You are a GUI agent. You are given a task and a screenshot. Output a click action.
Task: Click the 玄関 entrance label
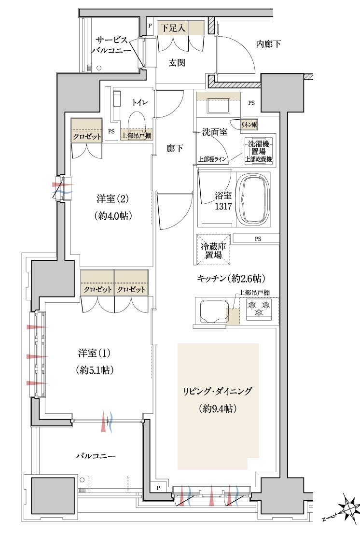pyautogui.click(x=177, y=62)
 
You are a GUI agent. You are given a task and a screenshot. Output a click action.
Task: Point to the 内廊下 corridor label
pyautogui.click(x=268, y=44)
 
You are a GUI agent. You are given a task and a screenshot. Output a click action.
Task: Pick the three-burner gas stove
pyautogui.click(x=259, y=309)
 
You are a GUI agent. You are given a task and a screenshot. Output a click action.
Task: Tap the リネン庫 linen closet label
pyautogui.click(x=249, y=125)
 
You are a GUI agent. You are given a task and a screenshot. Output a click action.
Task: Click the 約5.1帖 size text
pyautogui.click(x=95, y=370)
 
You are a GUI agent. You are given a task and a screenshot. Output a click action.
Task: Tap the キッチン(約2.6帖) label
pyautogui.click(x=232, y=279)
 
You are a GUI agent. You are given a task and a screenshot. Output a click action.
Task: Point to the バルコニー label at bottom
pyautogui.click(x=96, y=456)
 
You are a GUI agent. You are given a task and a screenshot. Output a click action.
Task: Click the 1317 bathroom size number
pyautogui.click(x=224, y=206)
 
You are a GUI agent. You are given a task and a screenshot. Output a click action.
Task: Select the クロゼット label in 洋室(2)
pyautogui.click(x=87, y=137)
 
